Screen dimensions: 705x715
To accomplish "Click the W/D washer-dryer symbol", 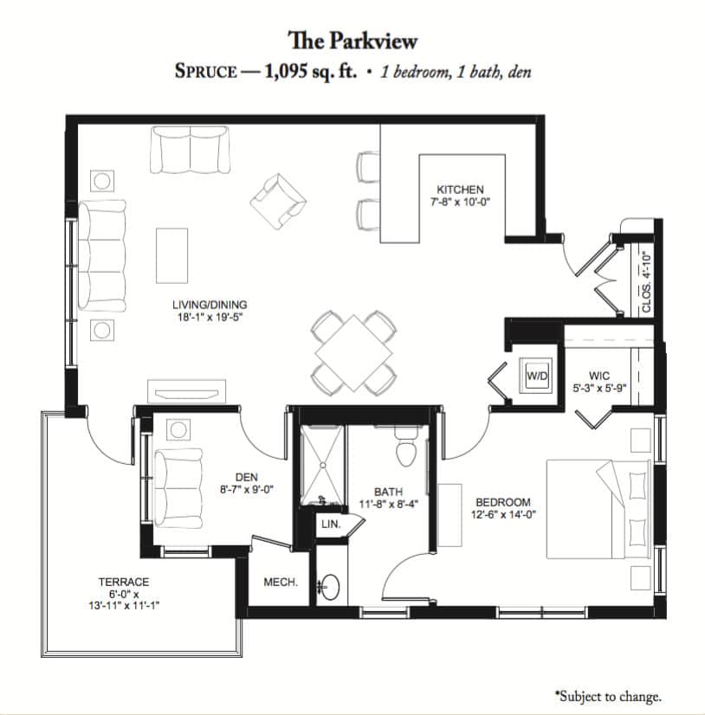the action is coord(537,376).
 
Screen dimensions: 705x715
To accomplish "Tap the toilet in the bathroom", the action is coord(406,447).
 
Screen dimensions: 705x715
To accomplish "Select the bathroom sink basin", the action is coord(329,586).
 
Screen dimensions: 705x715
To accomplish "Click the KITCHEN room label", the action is coord(460,190).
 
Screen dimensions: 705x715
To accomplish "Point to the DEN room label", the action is coord(247,477).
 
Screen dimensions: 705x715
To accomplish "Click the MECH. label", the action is coord(281,582).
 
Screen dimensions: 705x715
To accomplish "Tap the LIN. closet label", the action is coord(331,524).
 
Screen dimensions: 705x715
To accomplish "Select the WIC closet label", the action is coord(599,376).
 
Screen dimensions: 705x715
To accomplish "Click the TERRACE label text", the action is coord(124,582).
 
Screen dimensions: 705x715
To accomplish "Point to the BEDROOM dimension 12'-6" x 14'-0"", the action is coord(503,514).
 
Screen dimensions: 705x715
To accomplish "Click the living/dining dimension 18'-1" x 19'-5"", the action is coord(210,317).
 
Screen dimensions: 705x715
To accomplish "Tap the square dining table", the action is coord(353,352).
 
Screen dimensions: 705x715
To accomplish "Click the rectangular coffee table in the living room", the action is coord(172,256).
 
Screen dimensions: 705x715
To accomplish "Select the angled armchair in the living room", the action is coord(278,202).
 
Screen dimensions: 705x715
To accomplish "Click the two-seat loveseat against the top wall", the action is coord(190,150).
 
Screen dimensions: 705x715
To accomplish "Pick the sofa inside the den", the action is coord(178,488).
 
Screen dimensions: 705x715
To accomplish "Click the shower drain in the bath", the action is coord(322,465).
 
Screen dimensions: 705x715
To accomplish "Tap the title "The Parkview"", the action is coord(352,41).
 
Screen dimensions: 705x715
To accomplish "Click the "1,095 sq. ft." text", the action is coord(311,72).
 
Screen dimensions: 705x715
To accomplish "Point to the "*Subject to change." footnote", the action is coord(608,696).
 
